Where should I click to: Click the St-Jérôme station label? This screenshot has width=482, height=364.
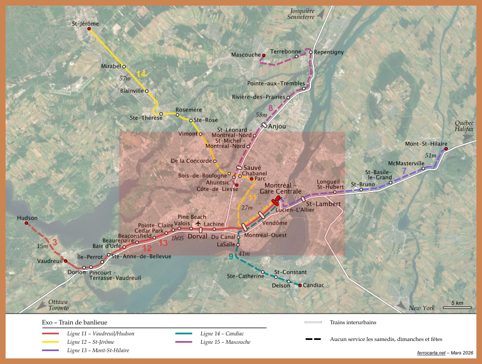tap(85, 24)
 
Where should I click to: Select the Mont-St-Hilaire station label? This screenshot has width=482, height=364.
tap(426, 144)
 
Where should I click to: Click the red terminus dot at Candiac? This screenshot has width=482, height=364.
tap(300, 286)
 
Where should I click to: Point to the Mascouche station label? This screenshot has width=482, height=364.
tap(246, 55)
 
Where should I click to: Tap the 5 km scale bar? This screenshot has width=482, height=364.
tap(457, 307)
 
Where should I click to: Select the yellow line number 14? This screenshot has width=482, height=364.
tap(141, 74)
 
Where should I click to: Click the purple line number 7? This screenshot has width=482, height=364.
tap(404, 170)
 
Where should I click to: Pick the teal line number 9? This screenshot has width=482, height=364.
tap(231, 256)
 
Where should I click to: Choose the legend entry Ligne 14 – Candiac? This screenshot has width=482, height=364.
tap(222, 334)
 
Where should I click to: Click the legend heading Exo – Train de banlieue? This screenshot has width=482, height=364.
tap(75, 323)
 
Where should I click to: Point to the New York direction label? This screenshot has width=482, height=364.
tap(421, 308)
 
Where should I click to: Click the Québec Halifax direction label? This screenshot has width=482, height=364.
tap(464, 126)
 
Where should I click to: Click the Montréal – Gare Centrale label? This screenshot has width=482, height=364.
tap(282, 189)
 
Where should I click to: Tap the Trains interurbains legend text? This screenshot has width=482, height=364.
tap(353, 322)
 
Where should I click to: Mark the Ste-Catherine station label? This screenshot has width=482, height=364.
tap(245, 276)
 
